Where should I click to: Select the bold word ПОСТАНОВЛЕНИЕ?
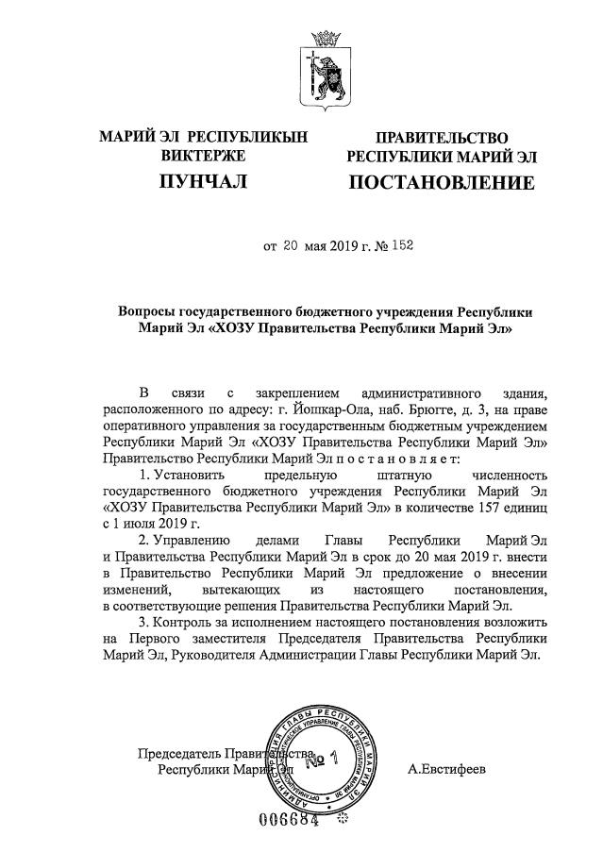[442, 181]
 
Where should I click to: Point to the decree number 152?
[402, 247]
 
